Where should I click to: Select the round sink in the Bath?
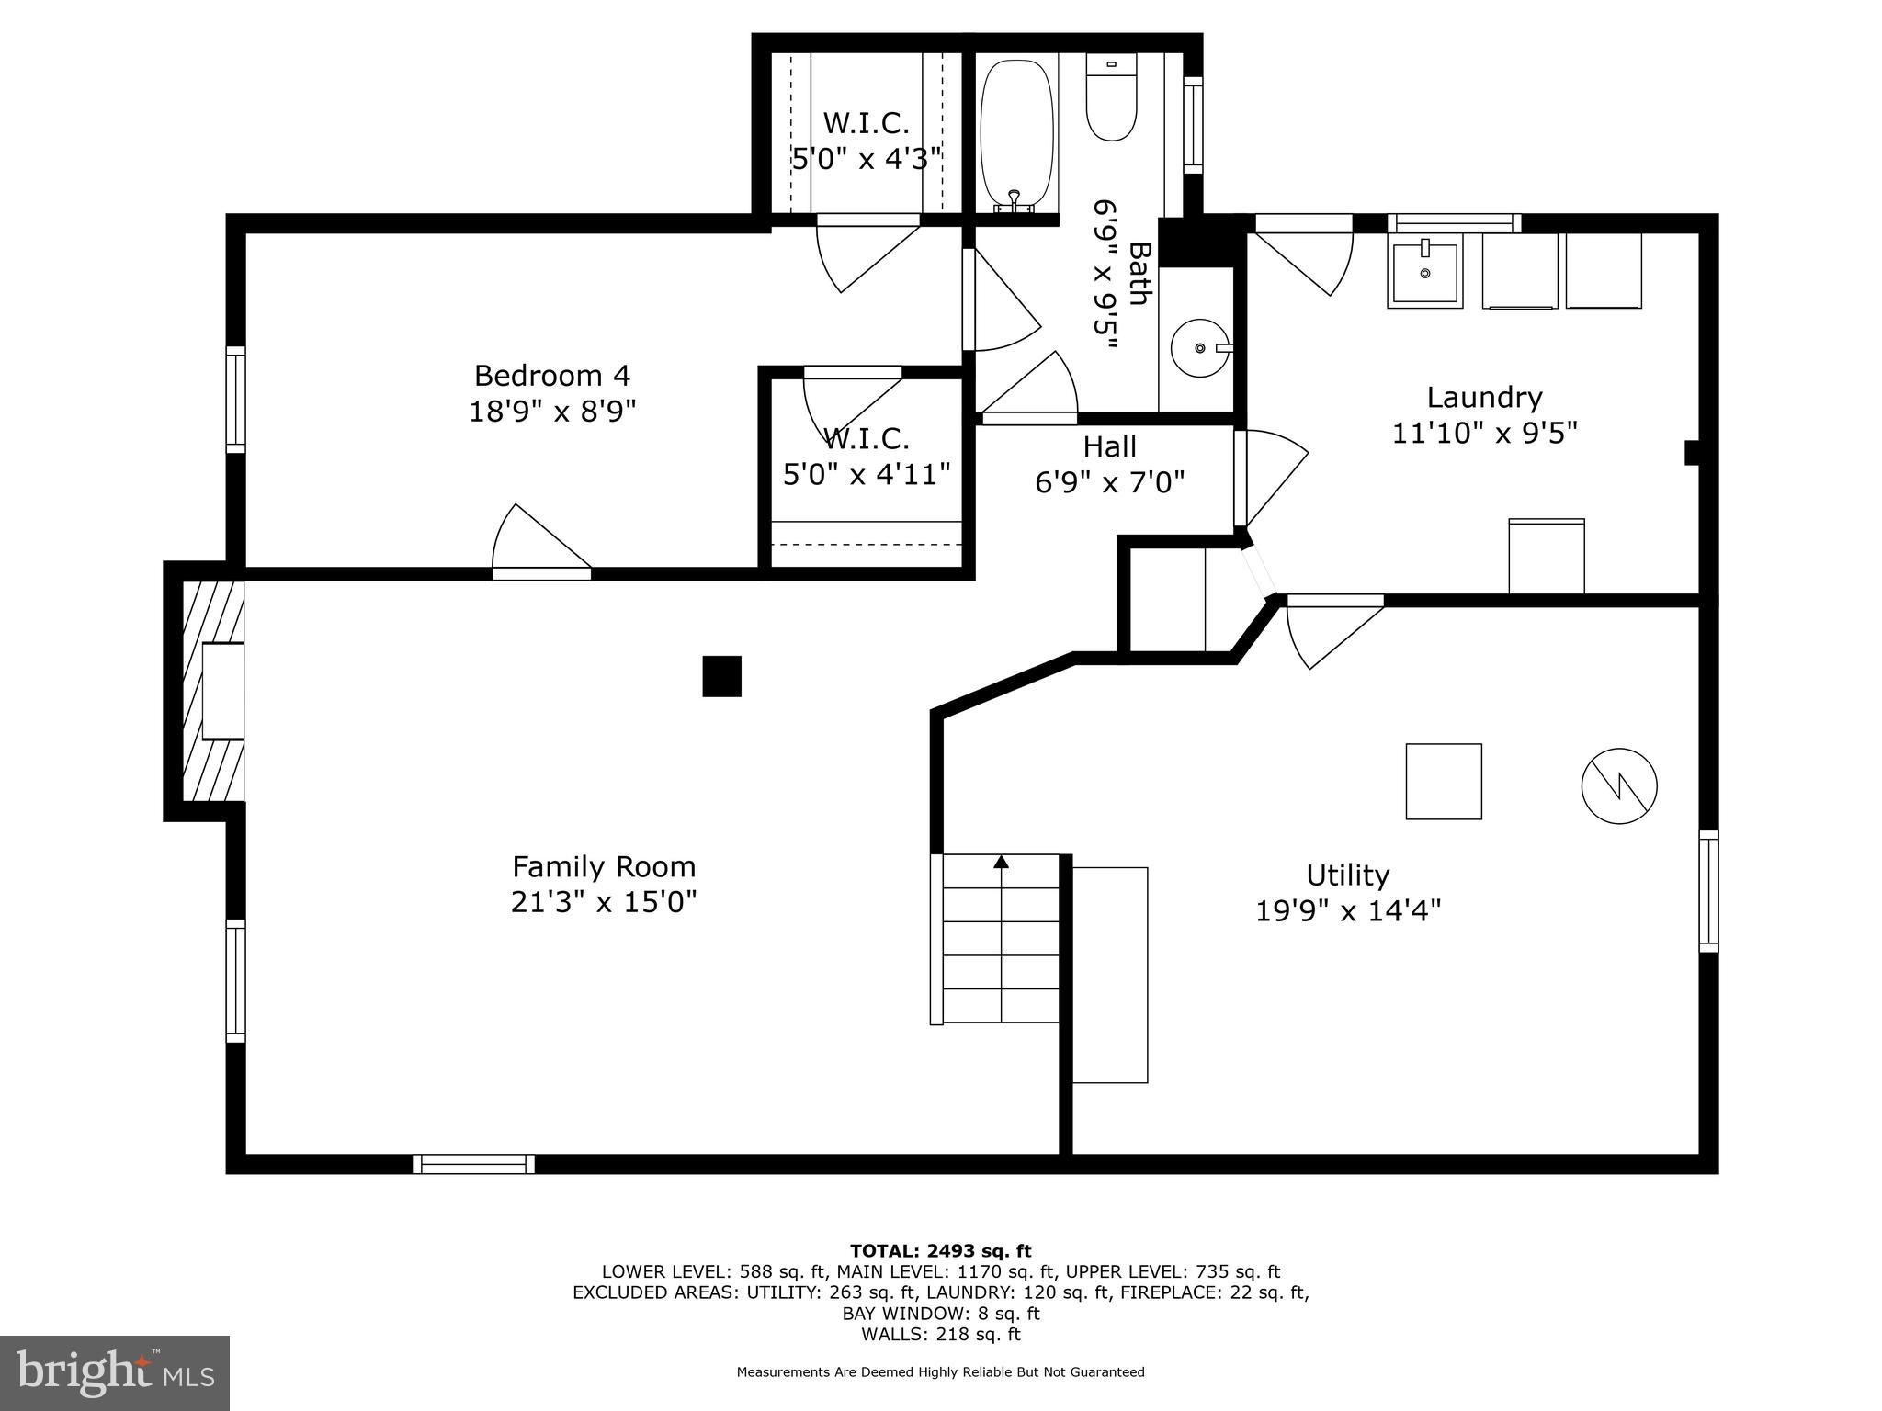coord(1199,348)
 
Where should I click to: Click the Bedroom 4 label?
coord(552,376)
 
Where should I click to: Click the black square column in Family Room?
coord(721,676)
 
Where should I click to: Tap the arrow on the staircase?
coord(1001,863)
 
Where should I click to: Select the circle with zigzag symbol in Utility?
coord(1618,786)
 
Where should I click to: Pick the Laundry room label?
coord(1483,398)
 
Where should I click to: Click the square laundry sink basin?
coord(1423,273)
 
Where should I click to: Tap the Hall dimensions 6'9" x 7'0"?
coord(1109,481)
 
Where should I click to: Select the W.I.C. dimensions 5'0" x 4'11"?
coord(866,475)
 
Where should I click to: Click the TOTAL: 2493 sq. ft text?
coord(940,1251)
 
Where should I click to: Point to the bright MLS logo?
coord(115,1372)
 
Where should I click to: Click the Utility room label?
coord(1347,875)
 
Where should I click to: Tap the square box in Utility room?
coord(1443,782)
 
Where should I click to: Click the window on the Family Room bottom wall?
coord(473,1164)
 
